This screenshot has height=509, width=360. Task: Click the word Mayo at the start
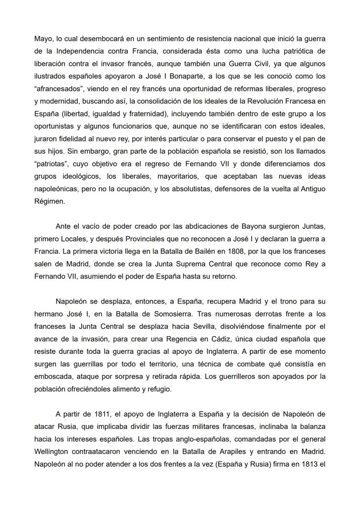click(42, 39)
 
